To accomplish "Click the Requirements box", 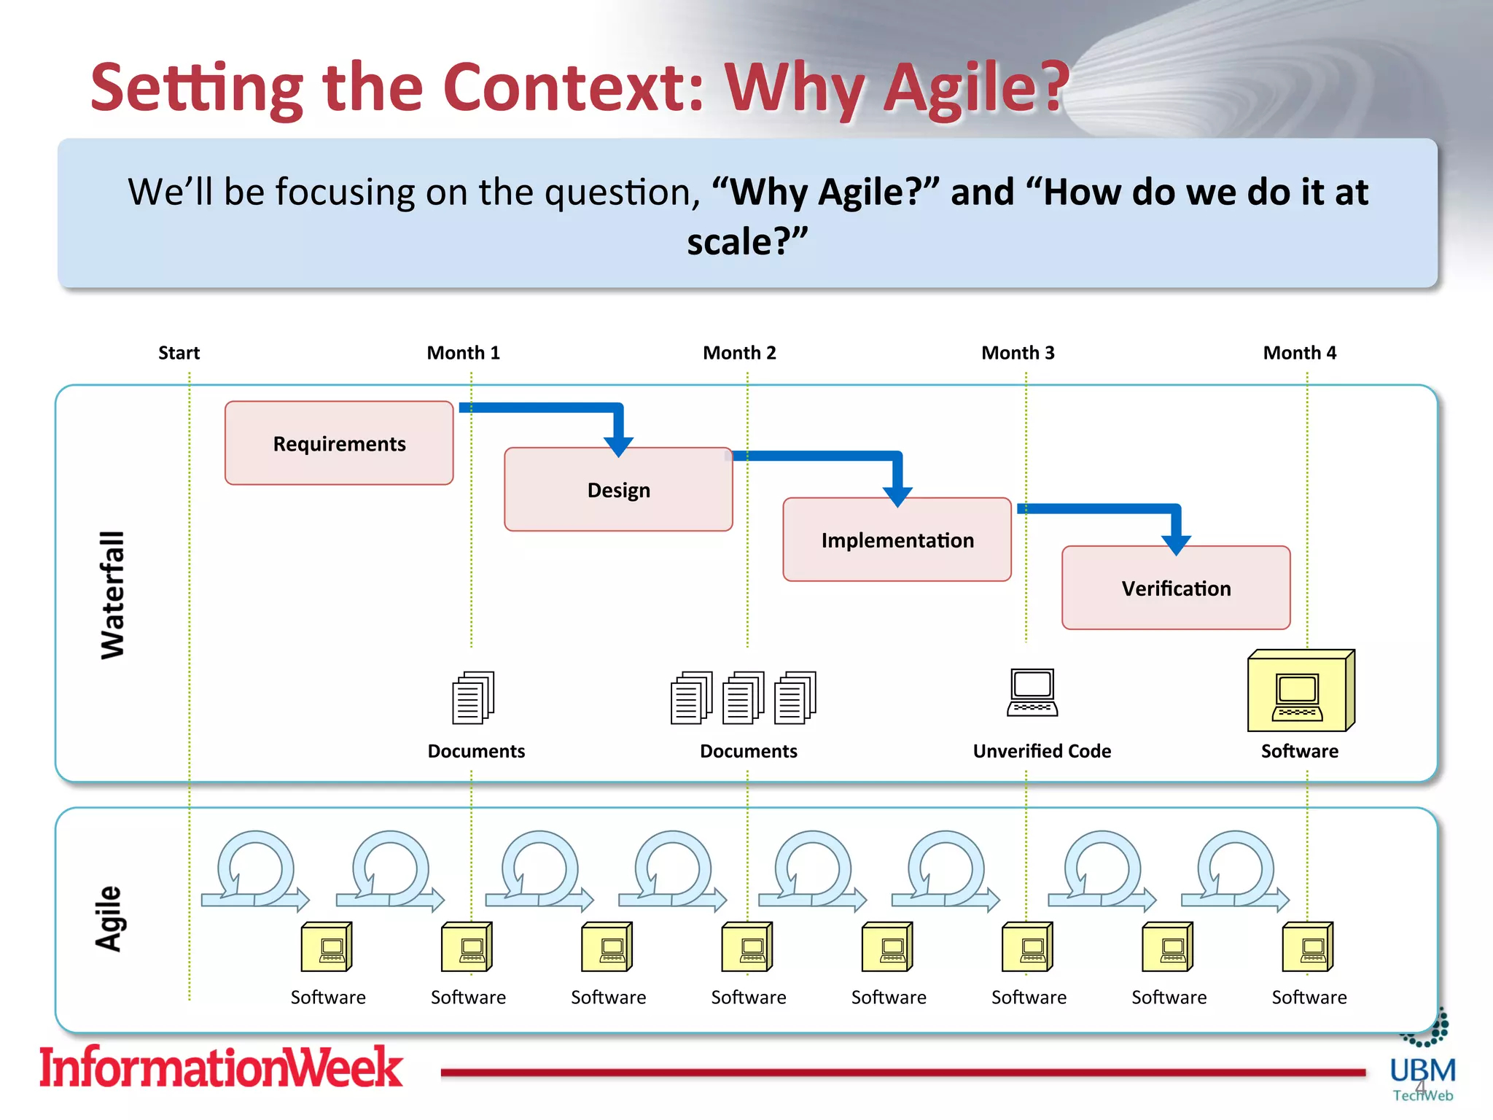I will click(339, 443).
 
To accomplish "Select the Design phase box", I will click(618, 489).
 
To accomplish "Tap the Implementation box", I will click(897, 540).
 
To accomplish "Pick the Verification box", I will click(1175, 588).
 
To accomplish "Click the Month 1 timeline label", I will click(464, 353).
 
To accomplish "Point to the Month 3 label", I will click(1018, 353).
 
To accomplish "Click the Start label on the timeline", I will click(179, 353).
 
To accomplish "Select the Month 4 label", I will click(1299, 353).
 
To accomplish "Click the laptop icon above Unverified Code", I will click(1032, 693).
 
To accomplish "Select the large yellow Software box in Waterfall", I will click(1300, 691).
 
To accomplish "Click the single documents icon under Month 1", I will click(473, 698).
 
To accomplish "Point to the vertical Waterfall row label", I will click(113, 594).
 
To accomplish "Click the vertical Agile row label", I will click(109, 919).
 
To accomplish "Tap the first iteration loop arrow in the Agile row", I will click(255, 871).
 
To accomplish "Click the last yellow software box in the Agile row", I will click(1308, 947).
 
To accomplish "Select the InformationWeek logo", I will click(220, 1067).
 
